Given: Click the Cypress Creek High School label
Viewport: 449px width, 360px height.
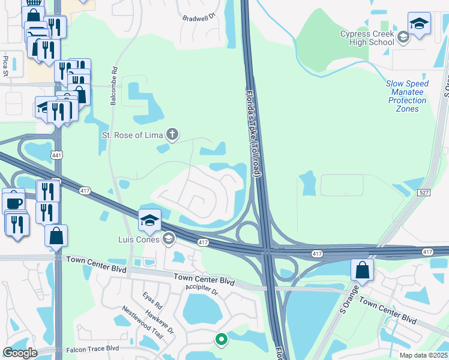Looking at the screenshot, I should pyautogui.click(x=367, y=38).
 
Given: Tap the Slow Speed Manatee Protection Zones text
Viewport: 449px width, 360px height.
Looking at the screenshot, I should pyautogui.click(x=406, y=92).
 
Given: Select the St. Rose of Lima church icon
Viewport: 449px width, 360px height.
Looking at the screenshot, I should pyautogui.click(x=172, y=134).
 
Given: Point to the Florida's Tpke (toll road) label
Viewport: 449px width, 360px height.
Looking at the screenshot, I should pyautogui.click(x=253, y=133).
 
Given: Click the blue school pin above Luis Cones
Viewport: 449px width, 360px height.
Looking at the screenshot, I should pyautogui.click(x=149, y=221).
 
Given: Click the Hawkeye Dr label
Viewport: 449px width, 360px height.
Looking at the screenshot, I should pyautogui.click(x=162, y=322).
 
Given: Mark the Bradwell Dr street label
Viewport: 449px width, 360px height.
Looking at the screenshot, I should pyautogui.click(x=199, y=18).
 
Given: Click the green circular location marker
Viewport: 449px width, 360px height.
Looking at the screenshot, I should pyautogui.click(x=221, y=340).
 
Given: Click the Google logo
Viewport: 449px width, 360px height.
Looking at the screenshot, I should pyautogui.click(x=20, y=353).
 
